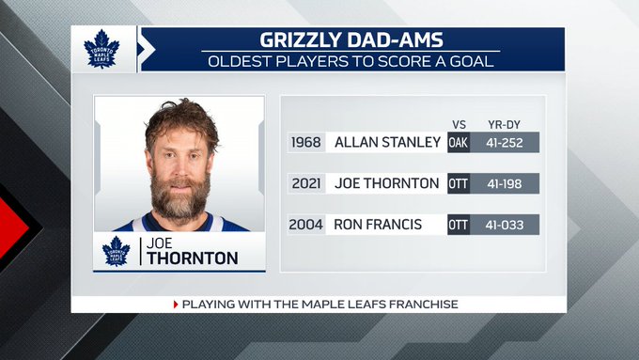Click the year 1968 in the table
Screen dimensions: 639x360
tap(306, 142)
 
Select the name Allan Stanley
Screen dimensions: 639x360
tap(387, 142)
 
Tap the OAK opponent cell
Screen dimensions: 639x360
tap(459, 142)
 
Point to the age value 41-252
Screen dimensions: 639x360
tap(505, 143)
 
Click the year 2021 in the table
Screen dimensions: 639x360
tap(306, 183)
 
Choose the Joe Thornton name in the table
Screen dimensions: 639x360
tap(387, 183)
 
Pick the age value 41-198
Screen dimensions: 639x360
tap(505, 184)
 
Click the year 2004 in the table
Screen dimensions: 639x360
tap(305, 225)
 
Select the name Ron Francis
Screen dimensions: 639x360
tap(378, 225)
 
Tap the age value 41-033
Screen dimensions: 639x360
tap(505, 225)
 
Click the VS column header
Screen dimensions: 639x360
tap(459, 125)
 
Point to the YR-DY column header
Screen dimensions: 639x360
tap(504, 125)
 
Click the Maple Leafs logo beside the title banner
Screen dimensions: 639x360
tap(101, 49)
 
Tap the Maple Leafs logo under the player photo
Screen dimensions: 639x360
tap(117, 251)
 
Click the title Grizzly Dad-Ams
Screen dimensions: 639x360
tap(351, 40)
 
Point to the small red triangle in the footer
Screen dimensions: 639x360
tap(176, 305)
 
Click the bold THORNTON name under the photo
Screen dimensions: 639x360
tap(193, 258)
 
